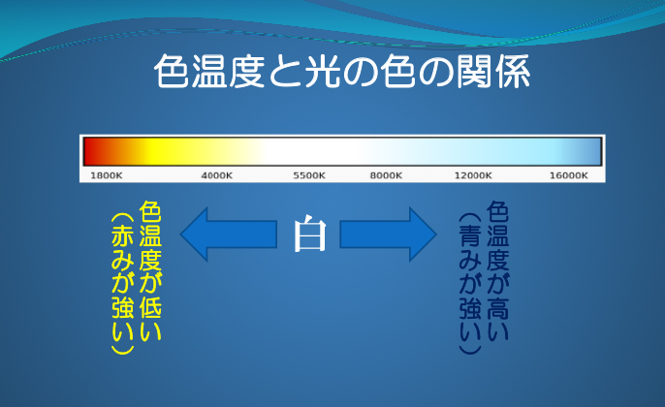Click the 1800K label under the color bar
pos(106,175)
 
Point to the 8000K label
pos(386,175)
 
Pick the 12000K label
pos(473,175)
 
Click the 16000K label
pos(569,175)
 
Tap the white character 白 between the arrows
pos(309,235)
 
